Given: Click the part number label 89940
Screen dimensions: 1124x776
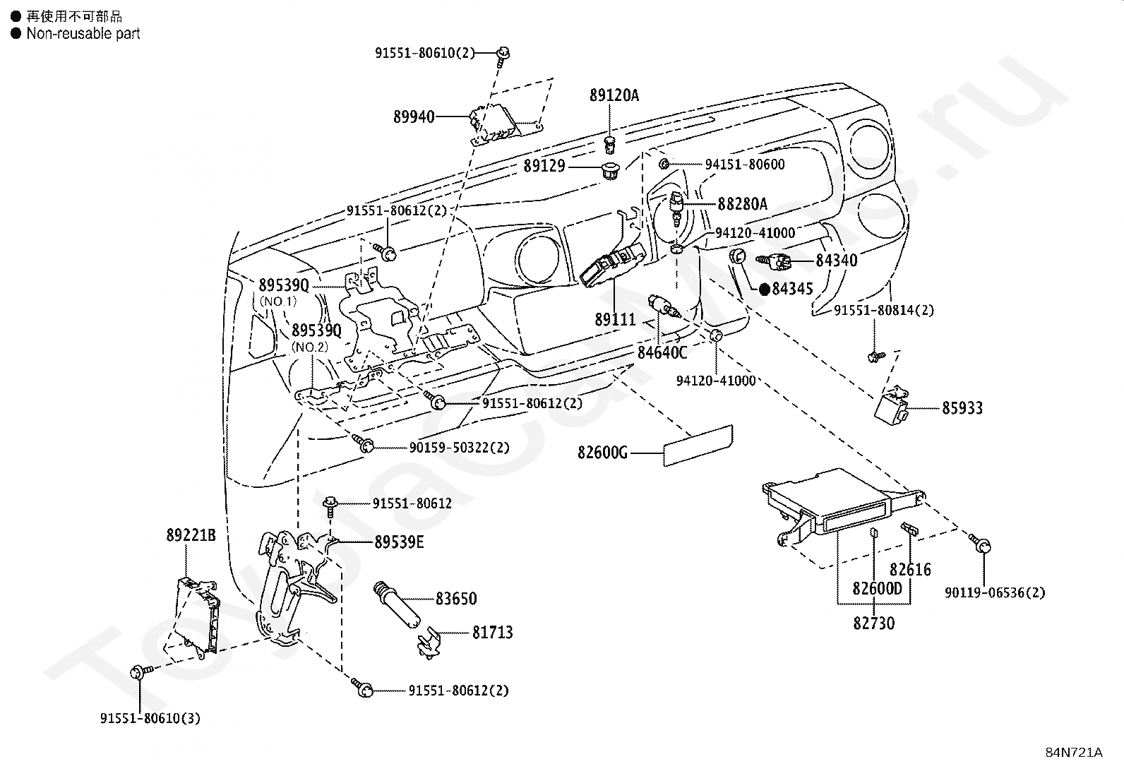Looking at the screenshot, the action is (x=414, y=117).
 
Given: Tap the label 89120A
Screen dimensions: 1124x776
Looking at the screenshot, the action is (x=614, y=95).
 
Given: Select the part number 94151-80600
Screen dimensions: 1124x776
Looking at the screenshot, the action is (x=745, y=165).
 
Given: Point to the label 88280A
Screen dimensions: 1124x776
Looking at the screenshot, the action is (x=743, y=204).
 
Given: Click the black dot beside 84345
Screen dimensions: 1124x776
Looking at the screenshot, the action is (x=764, y=289).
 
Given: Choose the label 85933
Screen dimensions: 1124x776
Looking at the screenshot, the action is (x=962, y=408).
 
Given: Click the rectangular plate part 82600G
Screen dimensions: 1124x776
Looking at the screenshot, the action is (x=698, y=446).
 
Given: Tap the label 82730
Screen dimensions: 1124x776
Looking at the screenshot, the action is (x=873, y=623).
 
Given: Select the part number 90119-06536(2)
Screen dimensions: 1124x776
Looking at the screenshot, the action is (x=995, y=593).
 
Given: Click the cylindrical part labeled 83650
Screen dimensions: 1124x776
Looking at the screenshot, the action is (x=397, y=604).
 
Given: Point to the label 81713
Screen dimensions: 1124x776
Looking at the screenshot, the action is (x=492, y=633).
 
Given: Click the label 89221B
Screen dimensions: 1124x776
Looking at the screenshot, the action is (x=191, y=535).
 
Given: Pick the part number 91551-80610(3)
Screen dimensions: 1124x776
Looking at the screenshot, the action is (x=150, y=718).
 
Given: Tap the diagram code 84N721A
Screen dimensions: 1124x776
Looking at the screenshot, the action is (x=1074, y=753).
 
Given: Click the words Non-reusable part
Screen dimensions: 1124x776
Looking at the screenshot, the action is (x=83, y=34).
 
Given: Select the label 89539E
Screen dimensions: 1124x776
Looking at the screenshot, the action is (x=399, y=542).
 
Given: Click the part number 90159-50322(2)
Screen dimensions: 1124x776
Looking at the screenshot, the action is (x=459, y=447).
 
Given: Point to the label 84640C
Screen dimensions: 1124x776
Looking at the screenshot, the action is (x=662, y=353).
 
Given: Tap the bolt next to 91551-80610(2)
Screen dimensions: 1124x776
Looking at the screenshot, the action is (x=503, y=56).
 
